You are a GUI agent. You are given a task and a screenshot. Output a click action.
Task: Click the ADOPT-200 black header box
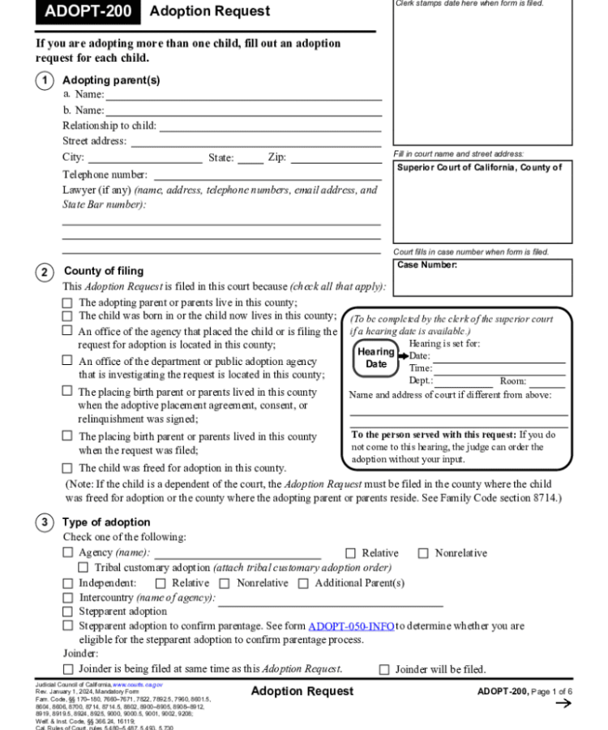click(x=88, y=11)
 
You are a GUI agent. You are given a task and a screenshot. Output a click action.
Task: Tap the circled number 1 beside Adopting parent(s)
click(x=45, y=80)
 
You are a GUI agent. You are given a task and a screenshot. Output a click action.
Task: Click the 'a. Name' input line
click(x=243, y=95)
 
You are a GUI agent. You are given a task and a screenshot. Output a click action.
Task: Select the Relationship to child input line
click(x=269, y=126)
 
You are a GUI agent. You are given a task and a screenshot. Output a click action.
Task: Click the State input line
click(x=250, y=158)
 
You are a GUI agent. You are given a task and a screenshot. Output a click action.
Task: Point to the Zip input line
click(x=335, y=158)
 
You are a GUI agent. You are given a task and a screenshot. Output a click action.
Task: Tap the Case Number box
click(x=482, y=277)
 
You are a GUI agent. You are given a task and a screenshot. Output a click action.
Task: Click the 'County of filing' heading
click(x=103, y=271)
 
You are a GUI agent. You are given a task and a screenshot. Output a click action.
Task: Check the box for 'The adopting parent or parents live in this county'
click(x=68, y=303)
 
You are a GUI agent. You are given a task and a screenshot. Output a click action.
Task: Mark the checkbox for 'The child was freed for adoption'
click(x=68, y=468)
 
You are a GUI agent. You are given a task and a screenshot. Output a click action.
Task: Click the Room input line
click(x=546, y=381)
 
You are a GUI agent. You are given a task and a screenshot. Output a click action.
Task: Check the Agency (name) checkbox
click(x=68, y=553)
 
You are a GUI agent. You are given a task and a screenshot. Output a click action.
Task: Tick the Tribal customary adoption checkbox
click(x=83, y=568)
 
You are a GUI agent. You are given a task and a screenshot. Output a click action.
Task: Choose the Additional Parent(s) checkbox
click(x=304, y=583)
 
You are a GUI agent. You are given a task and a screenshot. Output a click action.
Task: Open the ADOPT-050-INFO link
click(x=351, y=626)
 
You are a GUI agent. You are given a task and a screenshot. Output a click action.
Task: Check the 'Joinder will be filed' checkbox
click(x=385, y=670)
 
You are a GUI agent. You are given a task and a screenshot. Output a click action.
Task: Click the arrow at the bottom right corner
click(x=563, y=703)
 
